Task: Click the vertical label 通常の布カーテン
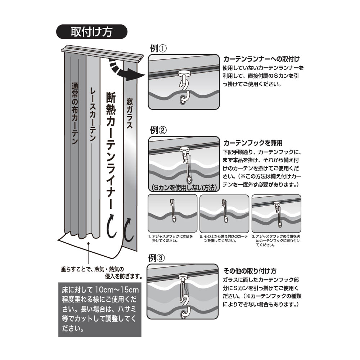(75, 114)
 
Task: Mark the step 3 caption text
(276, 240)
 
